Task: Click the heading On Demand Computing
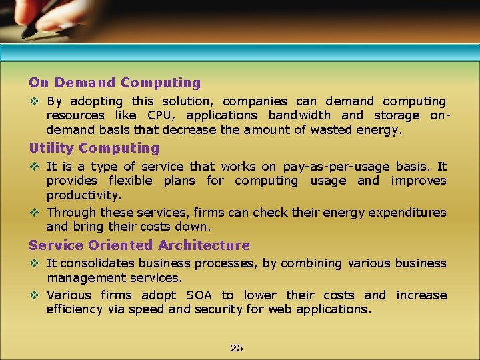[x=115, y=83]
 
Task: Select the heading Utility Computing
[x=94, y=148]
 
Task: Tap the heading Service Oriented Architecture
[x=139, y=245]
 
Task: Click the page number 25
[x=236, y=348]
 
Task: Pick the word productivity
[x=84, y=195]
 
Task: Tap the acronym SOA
[x=199, y=295]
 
